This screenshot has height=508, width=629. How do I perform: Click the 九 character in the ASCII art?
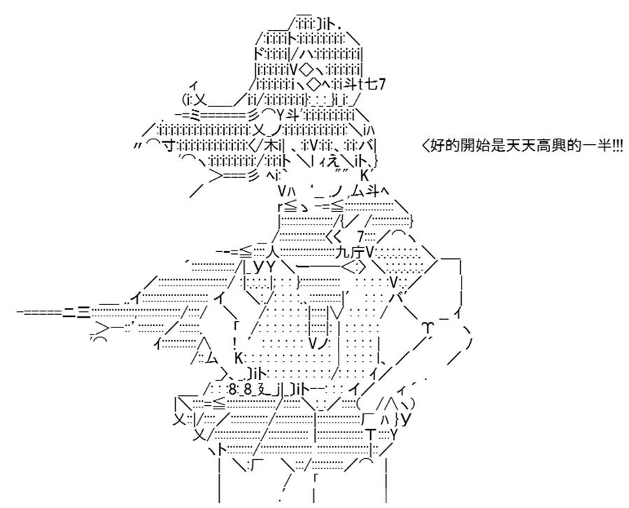344,253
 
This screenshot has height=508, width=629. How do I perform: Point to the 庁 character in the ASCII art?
357,253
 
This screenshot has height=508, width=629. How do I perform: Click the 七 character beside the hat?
371,85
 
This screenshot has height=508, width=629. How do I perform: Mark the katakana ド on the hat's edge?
261,53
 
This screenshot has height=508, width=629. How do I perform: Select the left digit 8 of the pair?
233,389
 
